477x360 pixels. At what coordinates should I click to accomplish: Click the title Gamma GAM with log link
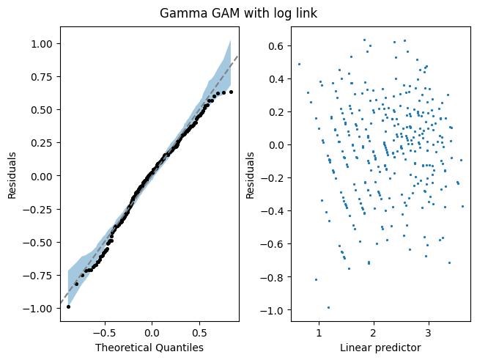tap(238, 14)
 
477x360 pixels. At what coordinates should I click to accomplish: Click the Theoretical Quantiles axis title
tap(149, 348)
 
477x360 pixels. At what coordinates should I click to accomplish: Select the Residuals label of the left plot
tap(12, 176)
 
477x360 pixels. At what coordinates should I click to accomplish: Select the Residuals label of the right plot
tap(251, 176)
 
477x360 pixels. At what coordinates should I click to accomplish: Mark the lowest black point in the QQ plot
tap(68, 306)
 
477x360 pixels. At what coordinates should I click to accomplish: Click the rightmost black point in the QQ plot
tap(231, 92)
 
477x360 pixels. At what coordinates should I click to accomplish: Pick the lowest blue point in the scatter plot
tap(328, 307)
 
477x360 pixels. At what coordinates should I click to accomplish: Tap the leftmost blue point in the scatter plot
tap(299, 64)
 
